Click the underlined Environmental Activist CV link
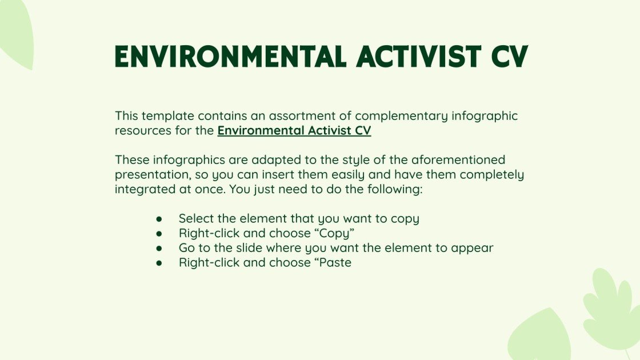coord(294,130)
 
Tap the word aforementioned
coord(454,159)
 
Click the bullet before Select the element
coord(159,219)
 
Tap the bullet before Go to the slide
coord(159,249)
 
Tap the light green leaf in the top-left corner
coord(16,31)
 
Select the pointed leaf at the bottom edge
coord(540,337)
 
